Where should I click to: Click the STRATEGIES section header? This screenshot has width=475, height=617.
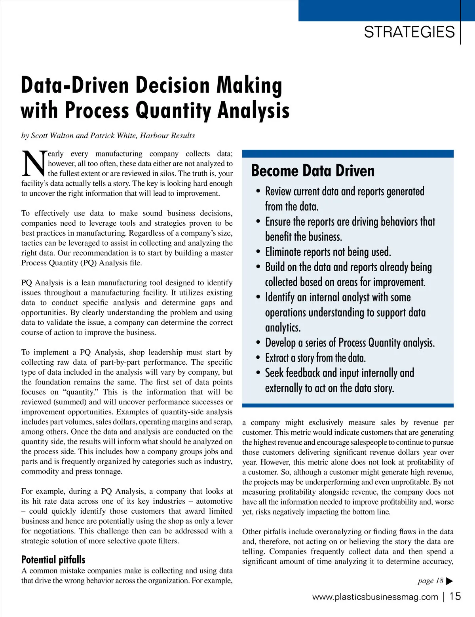(409, 32)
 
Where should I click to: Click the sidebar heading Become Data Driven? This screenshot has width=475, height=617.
(313, 171)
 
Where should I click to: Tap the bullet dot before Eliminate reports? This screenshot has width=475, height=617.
(258, 252)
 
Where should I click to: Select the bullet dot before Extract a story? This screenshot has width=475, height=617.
(258, 358)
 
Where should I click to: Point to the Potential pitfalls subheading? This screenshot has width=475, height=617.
(53, 560)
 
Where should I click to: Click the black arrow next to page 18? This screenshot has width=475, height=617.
(449, 581)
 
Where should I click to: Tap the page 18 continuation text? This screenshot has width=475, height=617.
(430, 581)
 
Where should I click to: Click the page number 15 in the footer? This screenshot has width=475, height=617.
(456, 596)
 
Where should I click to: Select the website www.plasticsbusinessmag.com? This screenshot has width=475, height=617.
(375, 597)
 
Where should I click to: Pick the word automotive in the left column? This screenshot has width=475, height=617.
(214, 501)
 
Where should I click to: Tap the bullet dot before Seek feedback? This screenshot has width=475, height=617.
(258, 373)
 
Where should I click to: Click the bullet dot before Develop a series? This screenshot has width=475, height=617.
(258, 343)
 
